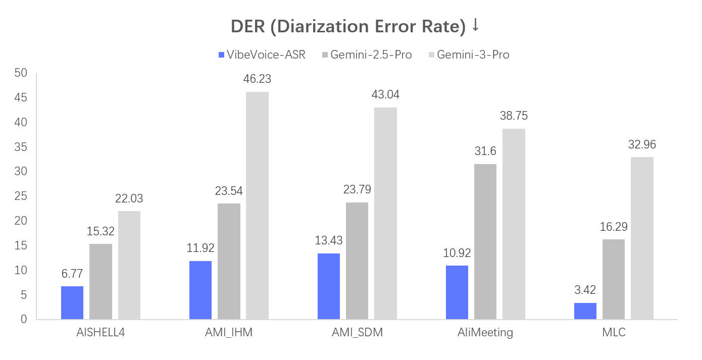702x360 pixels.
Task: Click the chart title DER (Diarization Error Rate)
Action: point(348,26)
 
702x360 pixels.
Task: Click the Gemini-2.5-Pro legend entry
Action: point(366,55)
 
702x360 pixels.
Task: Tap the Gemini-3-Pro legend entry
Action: point(468,55)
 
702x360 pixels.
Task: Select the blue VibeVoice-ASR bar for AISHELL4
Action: point(72,302)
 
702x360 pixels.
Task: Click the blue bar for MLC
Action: point(585,311)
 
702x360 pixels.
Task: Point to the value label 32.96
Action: point(642,144)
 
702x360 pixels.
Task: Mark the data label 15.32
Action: point(101,231)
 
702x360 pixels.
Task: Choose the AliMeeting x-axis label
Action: point(485,333)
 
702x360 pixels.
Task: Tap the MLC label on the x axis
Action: point(614,333)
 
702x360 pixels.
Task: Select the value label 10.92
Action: point(457,253)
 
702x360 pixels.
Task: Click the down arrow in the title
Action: point(475,26)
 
